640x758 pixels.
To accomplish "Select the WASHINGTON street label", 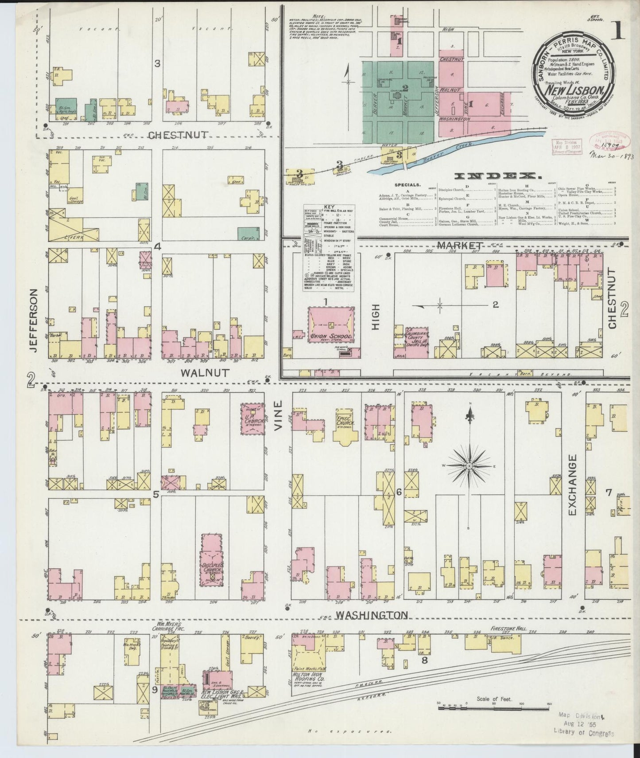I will coord(371,615).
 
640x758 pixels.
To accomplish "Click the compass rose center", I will coord(469,466).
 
